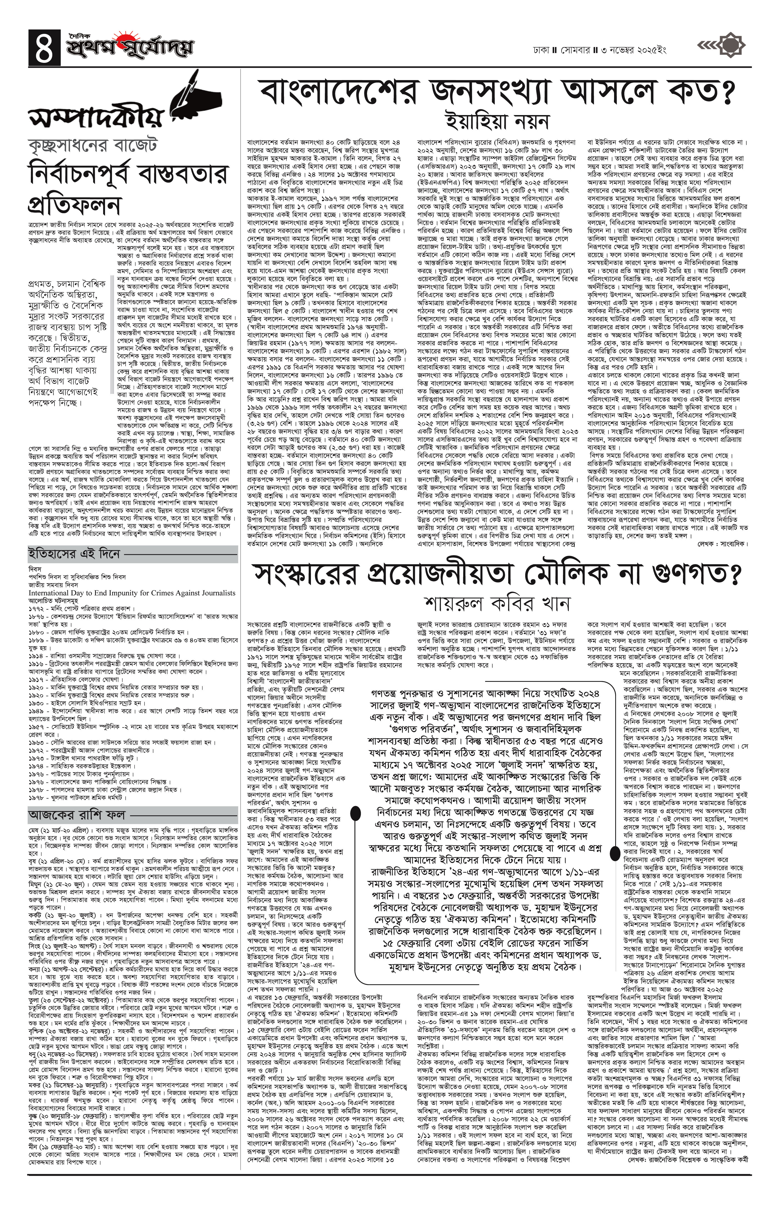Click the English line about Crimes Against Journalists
coord(132,592)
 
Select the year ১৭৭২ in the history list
coord(37,607)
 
